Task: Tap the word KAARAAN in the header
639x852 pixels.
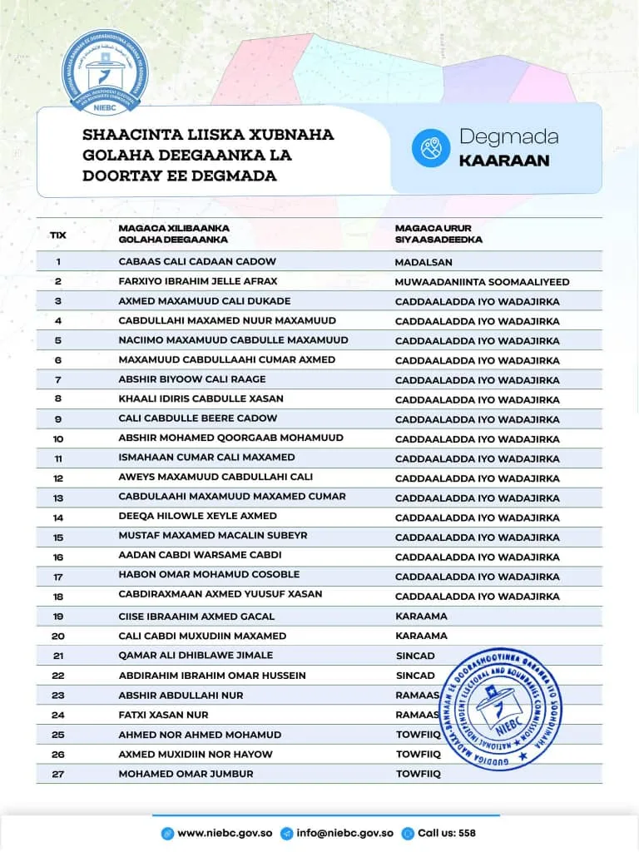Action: pos(504,161)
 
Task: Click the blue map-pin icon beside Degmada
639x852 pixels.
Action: pos(430,148)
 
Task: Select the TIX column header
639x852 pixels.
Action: pos(58,235)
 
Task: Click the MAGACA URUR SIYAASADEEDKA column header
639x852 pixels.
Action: pos(438,234)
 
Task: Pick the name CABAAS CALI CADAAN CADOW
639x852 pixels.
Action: pos(197,262)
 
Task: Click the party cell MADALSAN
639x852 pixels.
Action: pos(424,262)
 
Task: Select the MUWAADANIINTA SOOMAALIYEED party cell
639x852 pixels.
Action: pos(482,282)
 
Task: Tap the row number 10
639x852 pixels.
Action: pos(58,438)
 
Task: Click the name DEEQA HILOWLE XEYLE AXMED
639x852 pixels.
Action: pos(198,517)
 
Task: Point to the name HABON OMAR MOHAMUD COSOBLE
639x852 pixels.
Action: pos(209,575)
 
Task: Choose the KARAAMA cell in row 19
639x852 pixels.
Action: pos(421,617)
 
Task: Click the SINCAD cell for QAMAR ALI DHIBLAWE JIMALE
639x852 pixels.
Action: pos(415,656)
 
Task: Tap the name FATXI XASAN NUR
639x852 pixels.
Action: pos(164,715)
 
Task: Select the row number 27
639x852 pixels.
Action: pos(58,774)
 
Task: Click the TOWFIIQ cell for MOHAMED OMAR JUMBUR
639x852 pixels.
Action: pos(418,774)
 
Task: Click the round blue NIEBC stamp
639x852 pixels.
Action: pos(501,707)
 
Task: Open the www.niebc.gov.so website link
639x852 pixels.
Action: pos(225,833)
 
